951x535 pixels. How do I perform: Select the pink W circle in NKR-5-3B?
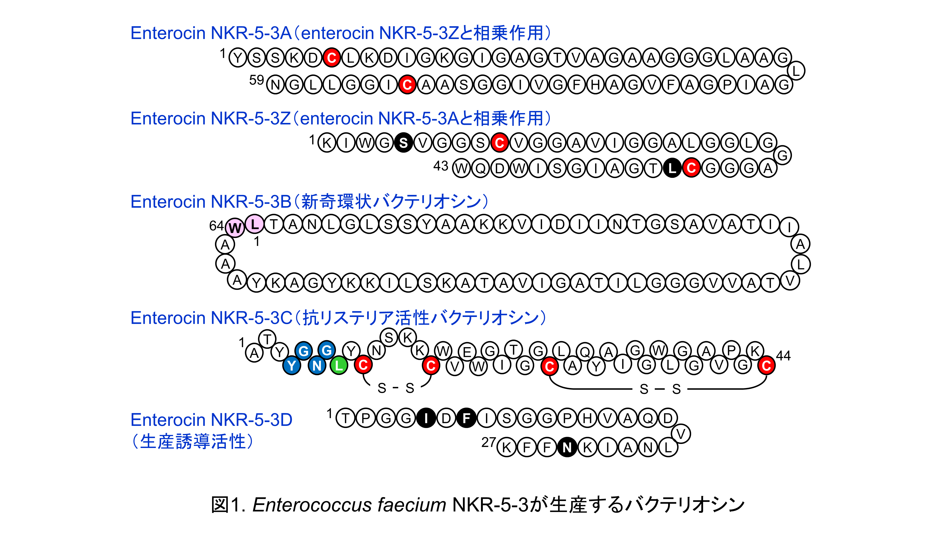[235, 228]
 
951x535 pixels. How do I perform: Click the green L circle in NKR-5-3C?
[339, 365]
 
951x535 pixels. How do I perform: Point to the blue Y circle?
[292, 365]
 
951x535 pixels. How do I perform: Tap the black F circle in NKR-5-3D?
[466, 418]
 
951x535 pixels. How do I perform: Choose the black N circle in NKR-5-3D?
[567, 447]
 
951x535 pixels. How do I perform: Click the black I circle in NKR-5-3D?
[426, 418]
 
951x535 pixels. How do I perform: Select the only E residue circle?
[467, 351]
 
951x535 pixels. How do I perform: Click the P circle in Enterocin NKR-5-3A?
[727, 85]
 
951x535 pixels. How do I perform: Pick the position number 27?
[488, 442]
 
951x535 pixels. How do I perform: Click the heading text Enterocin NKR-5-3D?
[211, 420]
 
